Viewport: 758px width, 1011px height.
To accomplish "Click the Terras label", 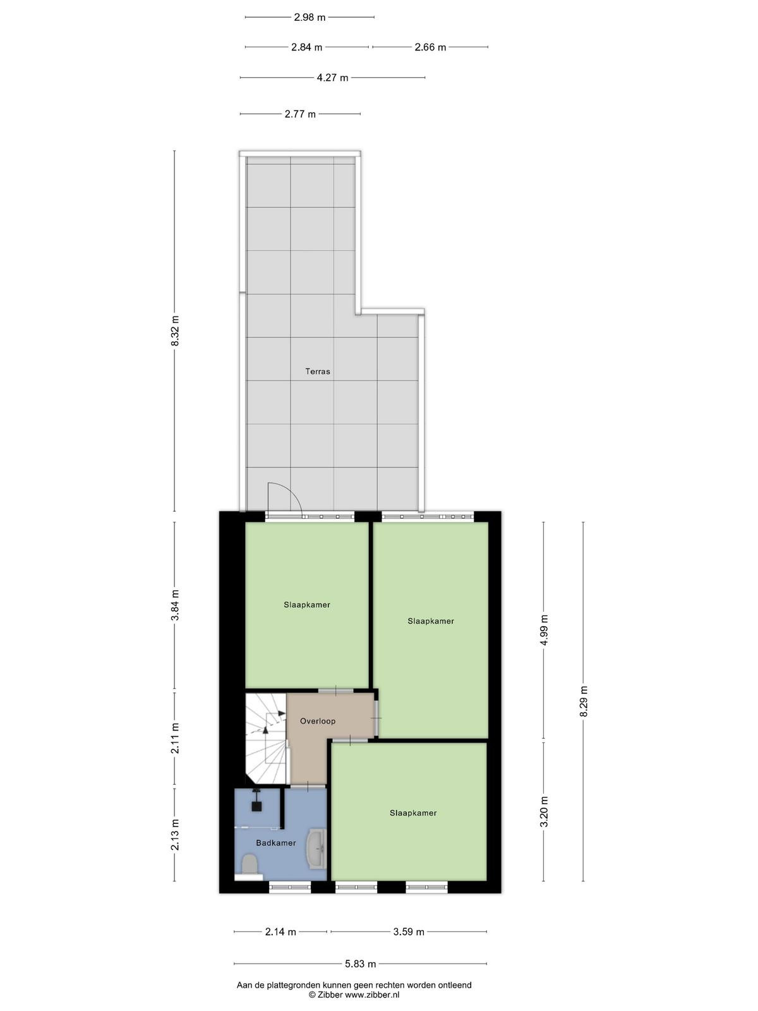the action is pyautogui.click(x=318, y=372).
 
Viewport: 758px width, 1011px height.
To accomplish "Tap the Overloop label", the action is pyautogui.click(x=318, y=721).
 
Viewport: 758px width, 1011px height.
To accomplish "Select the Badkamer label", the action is pyautogui.click(x=275, y=843).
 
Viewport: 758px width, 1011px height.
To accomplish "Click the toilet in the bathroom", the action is pyautogui.click(x=250, y=864).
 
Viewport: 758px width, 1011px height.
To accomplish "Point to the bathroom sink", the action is pyautogui.click(x=318, y=849).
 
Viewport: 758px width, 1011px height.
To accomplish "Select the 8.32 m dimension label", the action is pyautogui.click(x=175, y=331).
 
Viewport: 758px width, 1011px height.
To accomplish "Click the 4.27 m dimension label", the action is pyautogui.click(x=332, y=78).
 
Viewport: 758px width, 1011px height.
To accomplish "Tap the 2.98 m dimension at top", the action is pyautogui.click(x=310, y=18).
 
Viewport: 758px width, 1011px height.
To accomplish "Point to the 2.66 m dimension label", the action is pyautogui.click(x=430, y=47).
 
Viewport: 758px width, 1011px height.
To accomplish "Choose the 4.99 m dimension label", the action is pyautogui.click(x=544, y=629).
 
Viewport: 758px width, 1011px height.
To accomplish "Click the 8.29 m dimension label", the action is pyautogui.click(x=584, y=701).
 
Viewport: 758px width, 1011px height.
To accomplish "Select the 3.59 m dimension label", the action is pyautogui.click(x=409, y=932).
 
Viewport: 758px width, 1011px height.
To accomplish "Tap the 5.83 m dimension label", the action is pyautogui.click(x=361, y=964).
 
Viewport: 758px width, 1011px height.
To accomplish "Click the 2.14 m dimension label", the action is pyautogui.click(x=280, y=932).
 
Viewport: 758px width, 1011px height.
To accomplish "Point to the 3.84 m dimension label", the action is pyautogui.click(x=175, y=605).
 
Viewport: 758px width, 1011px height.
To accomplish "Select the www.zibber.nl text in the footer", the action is pyautogui.click(x=372, y=994).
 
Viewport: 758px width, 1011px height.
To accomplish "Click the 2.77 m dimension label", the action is pyautogui.click(x=300, y=114).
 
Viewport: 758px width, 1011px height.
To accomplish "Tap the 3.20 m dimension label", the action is pyautogui.click(x=544, y=811).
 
